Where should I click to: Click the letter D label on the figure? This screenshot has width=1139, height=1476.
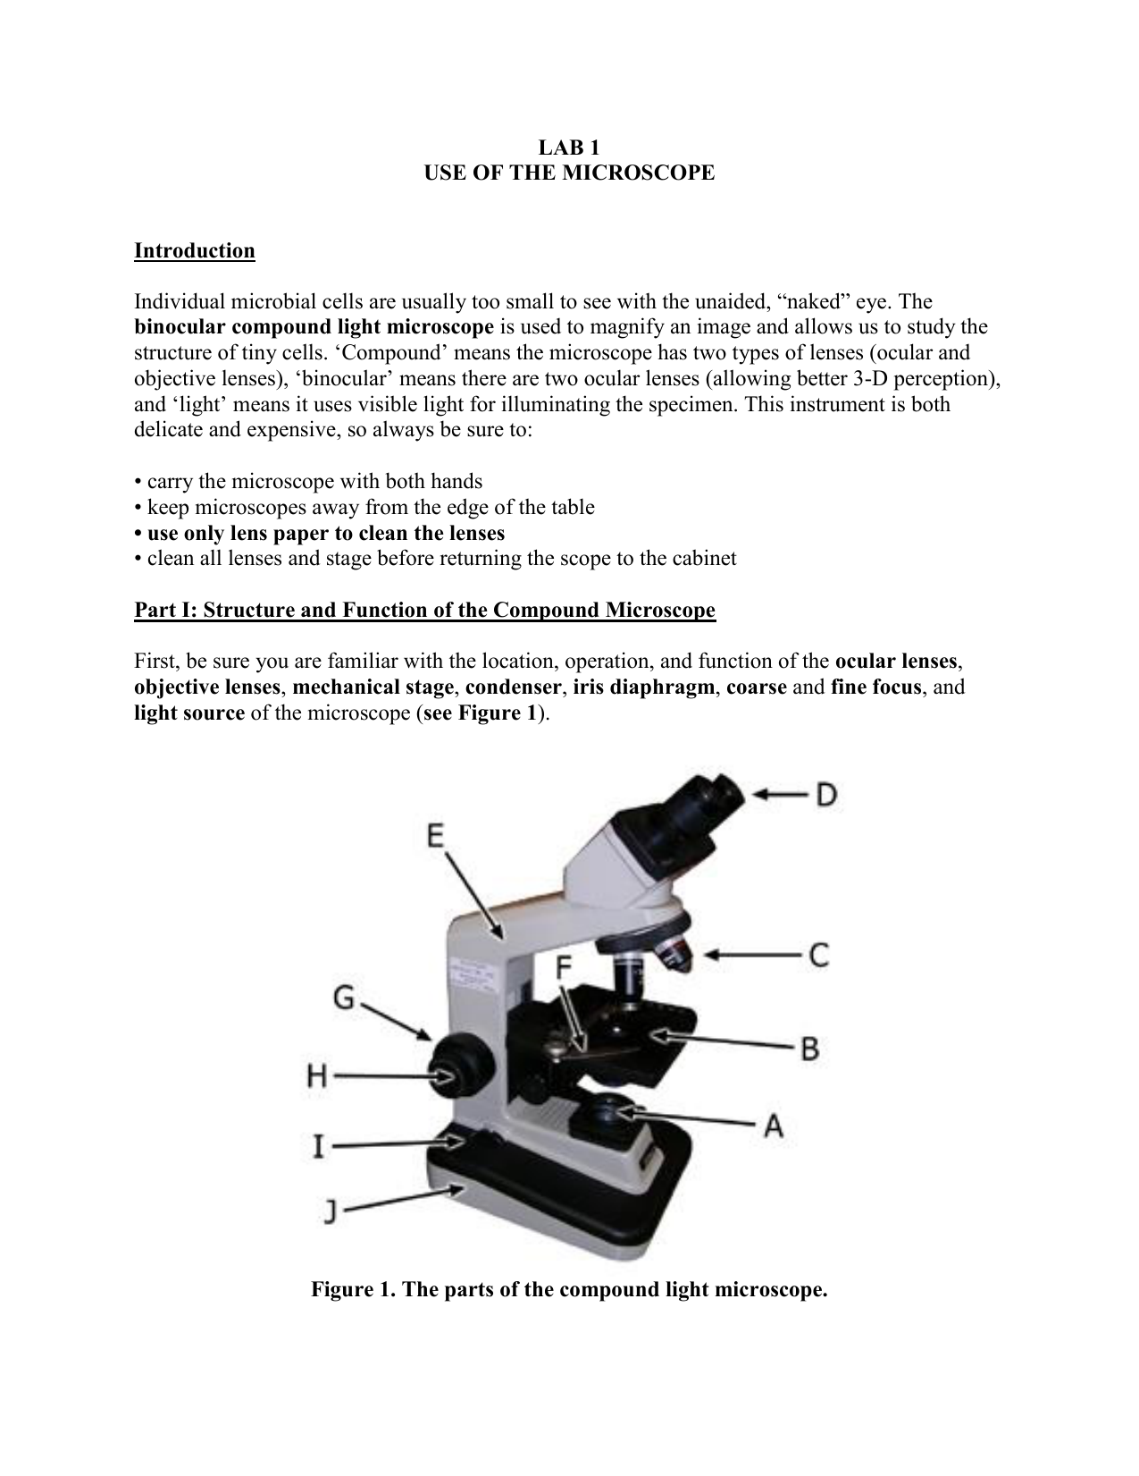click(826, 794)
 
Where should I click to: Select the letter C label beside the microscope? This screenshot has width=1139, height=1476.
click(819, 955)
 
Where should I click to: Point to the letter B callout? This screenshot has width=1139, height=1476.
click(810, 1048)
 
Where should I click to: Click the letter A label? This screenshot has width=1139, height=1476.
click(774, 1126)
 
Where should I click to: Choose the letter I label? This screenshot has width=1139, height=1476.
click(318, 1145)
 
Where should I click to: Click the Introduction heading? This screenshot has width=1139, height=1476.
click(195, 250)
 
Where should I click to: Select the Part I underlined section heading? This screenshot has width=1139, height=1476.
click(424, 611)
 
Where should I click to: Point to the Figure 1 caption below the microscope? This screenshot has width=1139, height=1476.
click(569, 1290)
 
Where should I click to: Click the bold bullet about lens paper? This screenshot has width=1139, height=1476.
click(319, 534)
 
